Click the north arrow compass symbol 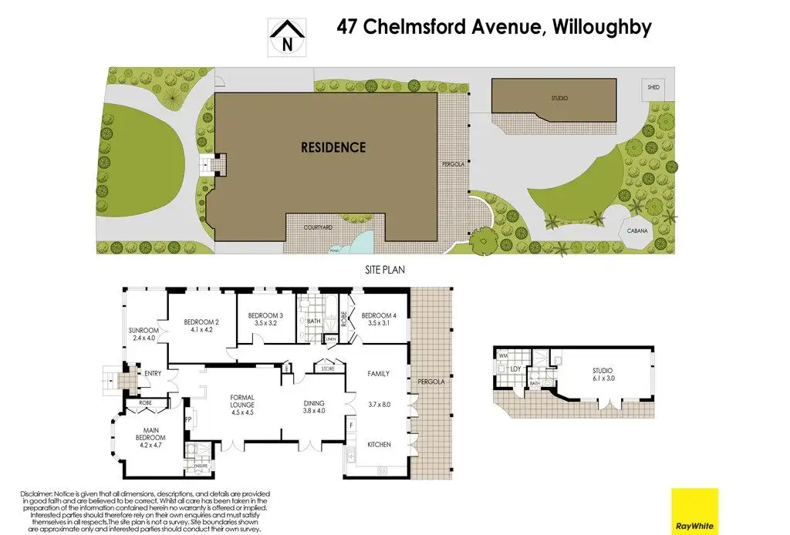[288, 37]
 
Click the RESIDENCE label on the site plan [333, 147]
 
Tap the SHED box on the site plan [654, 88]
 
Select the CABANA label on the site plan [636, 230]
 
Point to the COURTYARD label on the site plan [317, 227]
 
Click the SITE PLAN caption [385, 270]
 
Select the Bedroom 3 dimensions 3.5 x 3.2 [266, 325]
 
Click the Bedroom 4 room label [378, 315]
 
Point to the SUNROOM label [143, 331]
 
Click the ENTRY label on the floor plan [152, 374]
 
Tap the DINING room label [313, 403]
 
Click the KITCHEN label [379, 444]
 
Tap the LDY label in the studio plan [515, 368]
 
